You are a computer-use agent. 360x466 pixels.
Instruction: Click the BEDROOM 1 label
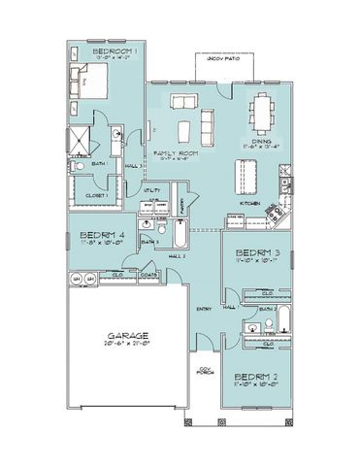click(115, 50)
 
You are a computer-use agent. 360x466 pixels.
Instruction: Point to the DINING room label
click(260, 141)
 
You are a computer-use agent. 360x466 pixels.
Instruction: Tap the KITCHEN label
click(250, 204)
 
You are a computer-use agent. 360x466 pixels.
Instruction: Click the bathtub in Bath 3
click(182, 237)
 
